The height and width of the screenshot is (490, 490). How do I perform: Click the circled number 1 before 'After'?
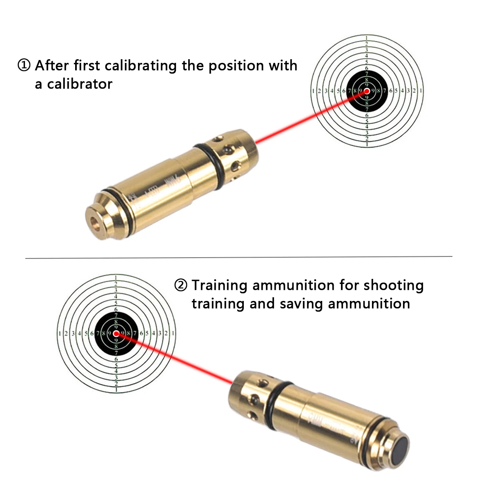tap(24, 65)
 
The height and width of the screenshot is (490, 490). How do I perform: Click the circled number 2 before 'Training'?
tap(180, 285)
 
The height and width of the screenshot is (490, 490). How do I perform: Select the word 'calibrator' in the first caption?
tap(79, 84)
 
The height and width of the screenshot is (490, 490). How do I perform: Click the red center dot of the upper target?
tap(367, 91)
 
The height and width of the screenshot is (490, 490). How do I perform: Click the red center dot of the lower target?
tap(117, 334)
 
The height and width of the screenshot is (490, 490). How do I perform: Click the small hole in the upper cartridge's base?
tap(95, 221)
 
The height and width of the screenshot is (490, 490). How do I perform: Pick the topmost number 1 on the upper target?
tap(367, 38)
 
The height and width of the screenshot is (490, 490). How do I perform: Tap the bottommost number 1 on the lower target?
tap(117, 390)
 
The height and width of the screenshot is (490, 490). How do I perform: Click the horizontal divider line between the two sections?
tap(239, 257)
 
